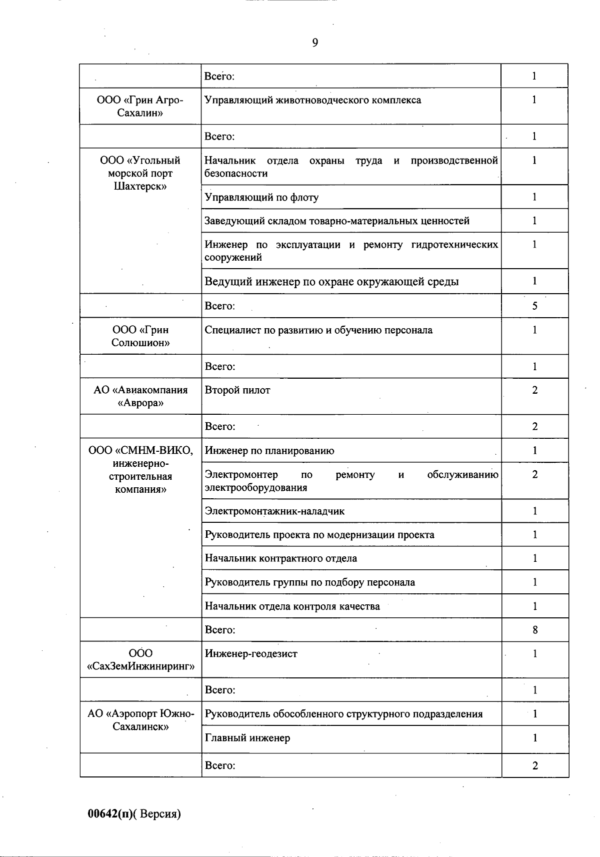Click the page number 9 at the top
(315, 43)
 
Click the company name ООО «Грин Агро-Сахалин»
(140, 106)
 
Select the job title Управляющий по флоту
(261, 197)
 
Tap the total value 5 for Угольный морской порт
(534, 306)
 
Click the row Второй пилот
(237, 390)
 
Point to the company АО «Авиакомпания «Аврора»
(140, 396)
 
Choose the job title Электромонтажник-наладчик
(274, 511)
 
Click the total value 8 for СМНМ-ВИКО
(534, 630)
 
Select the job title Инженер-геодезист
(251, 654)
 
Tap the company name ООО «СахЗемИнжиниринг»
(140, 660)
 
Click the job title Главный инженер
(247, 738)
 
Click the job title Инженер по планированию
(269, 451)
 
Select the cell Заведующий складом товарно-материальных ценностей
(337, 221)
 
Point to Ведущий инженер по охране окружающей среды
(331, 282)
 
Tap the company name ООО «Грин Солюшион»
(140, 336)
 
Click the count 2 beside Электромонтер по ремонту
(534, 475)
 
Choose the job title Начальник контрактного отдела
(281, 558)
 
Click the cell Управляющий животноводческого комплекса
(313, 100)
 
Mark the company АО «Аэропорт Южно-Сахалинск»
(140, 720)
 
